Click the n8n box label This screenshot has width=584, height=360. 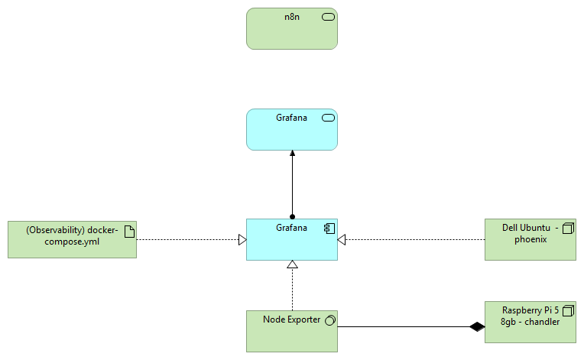point(291,18)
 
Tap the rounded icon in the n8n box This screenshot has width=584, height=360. point(329,18)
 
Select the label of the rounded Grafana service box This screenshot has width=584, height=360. point(291,118)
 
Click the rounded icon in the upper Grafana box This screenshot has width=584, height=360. point(329,118)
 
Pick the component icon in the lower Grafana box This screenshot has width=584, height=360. point(329,228)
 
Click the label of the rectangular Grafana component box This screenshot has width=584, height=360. point(291,228)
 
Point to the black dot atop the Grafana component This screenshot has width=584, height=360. point(292,216)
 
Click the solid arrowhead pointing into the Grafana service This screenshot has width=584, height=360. point(292,154)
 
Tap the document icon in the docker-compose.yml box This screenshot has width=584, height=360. point(129,230)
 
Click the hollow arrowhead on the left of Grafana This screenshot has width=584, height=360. point(242,240)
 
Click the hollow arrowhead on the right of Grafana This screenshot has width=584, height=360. point(342,240)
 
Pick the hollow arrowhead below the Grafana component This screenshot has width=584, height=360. point(292,264)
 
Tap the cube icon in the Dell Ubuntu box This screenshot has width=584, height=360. point(567,228)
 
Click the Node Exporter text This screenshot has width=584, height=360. point(291,319)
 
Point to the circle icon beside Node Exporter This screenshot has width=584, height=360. point(329,319)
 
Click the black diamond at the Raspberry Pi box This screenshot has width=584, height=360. point(477,327)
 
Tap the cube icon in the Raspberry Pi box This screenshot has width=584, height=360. point(567,311)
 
